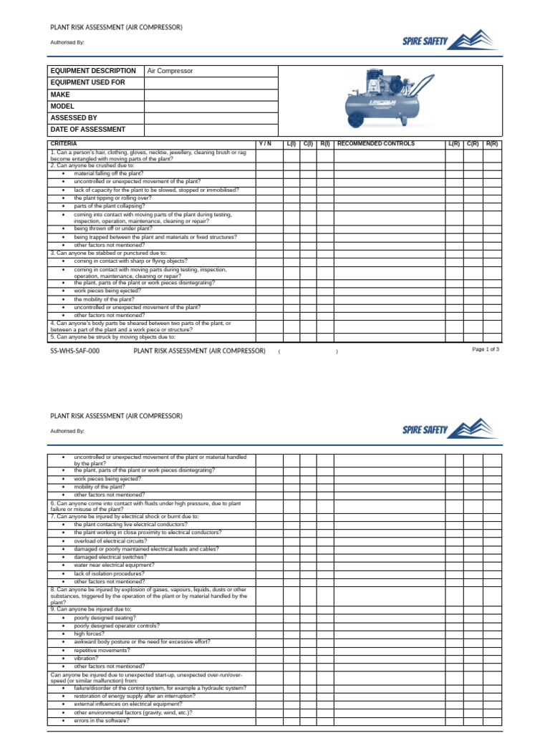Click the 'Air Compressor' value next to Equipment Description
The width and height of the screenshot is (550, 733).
[x=170, y=72]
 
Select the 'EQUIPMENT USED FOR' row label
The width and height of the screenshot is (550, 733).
[x=87, y=83]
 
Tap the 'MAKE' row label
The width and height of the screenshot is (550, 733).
[x=60, y=94]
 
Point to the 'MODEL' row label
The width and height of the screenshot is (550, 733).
[x=63, y=106]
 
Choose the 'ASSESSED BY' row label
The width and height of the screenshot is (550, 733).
[x=74, y=118]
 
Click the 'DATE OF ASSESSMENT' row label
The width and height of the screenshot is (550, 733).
[x=87, y=130]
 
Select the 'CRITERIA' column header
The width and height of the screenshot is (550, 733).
[x=64, y=144]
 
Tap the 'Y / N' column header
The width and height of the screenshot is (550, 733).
[x=265, y=144]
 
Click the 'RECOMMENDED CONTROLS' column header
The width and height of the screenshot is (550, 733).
[x=375, y=144]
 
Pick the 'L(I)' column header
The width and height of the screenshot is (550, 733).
[x=291, y=144]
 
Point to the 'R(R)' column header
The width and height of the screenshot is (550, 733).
[x=492, y=144]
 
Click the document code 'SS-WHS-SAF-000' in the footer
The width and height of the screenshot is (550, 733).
[x=75, y=351]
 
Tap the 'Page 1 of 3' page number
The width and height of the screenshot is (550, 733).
[x=486, y=349]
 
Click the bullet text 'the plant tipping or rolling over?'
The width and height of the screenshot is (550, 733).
[x=112, y=198]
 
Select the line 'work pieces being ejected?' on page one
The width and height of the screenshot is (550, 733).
[x=107, y=291]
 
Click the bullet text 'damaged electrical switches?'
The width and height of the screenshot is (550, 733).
[x=110, y=557]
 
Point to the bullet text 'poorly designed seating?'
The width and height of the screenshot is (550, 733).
[x=105, y=617]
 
